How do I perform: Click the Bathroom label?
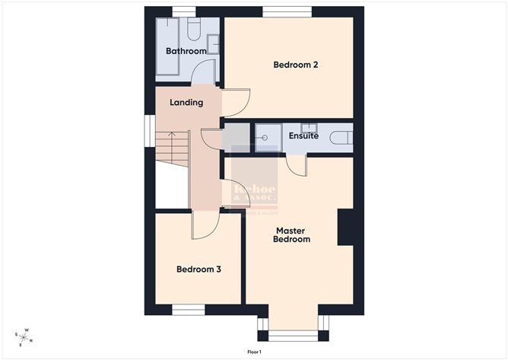[186, 51]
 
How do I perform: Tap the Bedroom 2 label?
[295, 65]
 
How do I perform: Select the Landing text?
[186, 102]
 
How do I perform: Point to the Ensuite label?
[303, 136]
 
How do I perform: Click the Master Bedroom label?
[293, 234]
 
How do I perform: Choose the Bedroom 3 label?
[198, 269]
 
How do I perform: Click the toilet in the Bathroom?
[193, 30]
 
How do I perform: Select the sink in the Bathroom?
[214, 43]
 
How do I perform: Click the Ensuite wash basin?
[308, 127]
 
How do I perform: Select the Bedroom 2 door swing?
[236, 103]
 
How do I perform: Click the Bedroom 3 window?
[187, 311]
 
